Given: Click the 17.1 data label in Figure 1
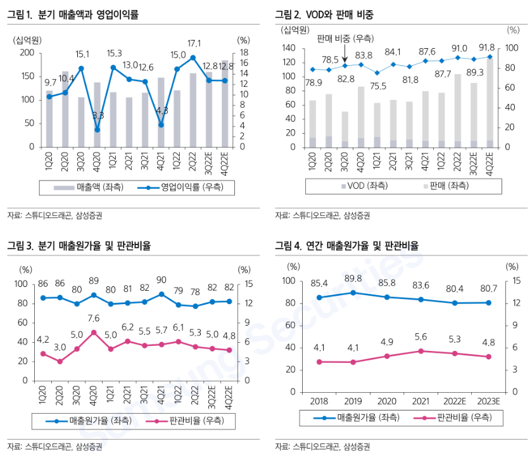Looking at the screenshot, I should [x=194, y=44].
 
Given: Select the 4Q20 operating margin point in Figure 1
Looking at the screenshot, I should [x=97, y=130].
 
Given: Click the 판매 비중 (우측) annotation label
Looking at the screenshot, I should [x=345, y=39].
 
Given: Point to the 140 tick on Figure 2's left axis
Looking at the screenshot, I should [x=289, y=48].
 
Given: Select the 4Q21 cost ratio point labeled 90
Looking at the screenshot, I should [x=161, y=294].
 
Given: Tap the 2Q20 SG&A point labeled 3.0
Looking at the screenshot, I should [x=60, y=362].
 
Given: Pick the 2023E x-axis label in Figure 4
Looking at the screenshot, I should [x=488, y=401].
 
